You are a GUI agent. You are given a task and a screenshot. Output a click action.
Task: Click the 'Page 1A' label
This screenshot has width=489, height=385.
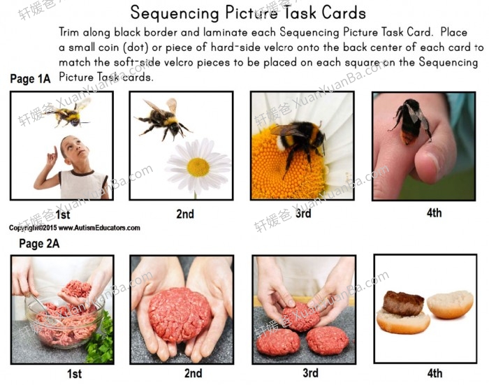pos(30,79)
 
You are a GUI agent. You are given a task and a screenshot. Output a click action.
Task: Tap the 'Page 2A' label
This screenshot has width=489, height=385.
pos(39,243)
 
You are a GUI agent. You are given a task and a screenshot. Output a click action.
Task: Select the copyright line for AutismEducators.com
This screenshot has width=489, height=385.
pos(74,228)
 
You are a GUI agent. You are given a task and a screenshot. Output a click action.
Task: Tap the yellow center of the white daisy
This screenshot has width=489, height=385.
pos(198,167)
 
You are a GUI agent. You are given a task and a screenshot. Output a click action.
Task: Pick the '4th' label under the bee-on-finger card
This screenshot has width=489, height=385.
pos(434,212)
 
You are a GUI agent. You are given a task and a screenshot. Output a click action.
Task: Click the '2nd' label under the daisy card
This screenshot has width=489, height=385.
pos(184,215)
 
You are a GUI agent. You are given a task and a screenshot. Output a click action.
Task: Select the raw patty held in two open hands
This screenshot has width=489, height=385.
pos(180,314)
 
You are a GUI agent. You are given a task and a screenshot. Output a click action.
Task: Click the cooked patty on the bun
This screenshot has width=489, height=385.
pos(403,303)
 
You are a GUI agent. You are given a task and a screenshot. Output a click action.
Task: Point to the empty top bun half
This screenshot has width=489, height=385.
pos(450,305)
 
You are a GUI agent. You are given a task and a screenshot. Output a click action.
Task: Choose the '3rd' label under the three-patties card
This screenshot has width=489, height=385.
pos(302,373)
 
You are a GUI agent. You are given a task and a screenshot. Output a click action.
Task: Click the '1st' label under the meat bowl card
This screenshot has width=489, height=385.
pos(74,374)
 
